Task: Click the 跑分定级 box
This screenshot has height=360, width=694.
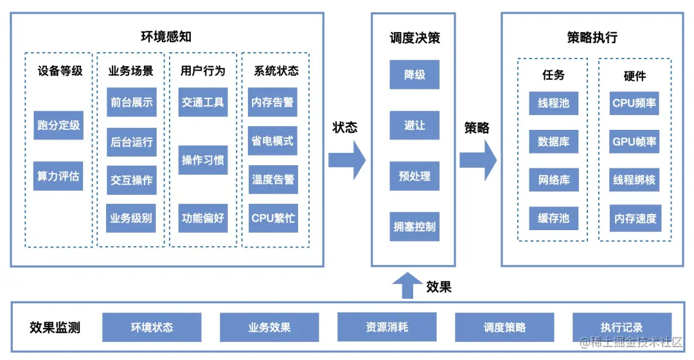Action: click(x=58, y=125)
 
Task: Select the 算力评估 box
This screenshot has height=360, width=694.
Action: click(x=58, y=175)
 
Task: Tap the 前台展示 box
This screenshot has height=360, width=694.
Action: click(x=132, y=102)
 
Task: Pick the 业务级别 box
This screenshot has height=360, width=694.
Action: click(x=132, y=218)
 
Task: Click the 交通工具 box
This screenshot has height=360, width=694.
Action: click(x=203, y=102)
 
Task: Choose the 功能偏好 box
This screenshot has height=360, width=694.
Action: click(x=203, y=218)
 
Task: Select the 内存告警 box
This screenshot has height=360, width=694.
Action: click(x=273, y=102)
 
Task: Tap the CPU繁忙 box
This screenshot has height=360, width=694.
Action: click(x=273, y=218)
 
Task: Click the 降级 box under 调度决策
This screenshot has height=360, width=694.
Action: click(x=414, y=75)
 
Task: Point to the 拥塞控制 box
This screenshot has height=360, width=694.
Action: click(x=414, y=227)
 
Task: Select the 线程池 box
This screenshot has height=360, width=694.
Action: click(x=553, y=103)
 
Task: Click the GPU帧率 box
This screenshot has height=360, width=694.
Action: click(x=635, y=141)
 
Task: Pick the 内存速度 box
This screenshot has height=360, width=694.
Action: click(x=635, y=219)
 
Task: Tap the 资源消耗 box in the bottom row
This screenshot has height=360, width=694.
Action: click(x=387, y=327)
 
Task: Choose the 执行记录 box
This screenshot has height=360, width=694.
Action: click(x=621, y=327)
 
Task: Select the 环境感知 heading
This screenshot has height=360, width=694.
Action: click(x=166, y=37)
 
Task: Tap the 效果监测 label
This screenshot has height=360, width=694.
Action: click(x=55, y=327)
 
